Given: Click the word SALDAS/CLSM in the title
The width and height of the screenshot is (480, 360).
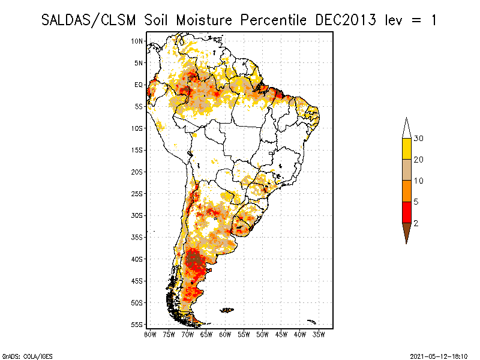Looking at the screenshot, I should (x=91, y=20).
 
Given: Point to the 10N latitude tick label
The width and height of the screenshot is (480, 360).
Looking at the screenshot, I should (x=137, y=41).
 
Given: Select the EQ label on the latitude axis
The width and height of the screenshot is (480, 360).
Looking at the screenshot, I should (x=139, y=85).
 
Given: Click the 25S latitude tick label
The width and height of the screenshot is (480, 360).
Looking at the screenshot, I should (x=137, y=194).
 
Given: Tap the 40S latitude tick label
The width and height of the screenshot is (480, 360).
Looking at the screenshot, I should (x=137, y=259).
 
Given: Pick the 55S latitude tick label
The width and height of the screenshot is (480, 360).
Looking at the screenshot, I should (x=137, y=325).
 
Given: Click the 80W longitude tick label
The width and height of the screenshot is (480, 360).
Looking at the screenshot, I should (x=150, y=334).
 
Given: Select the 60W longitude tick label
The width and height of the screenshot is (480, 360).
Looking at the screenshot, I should (x=225, y=334).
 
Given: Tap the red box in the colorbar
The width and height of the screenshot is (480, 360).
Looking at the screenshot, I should (x=406, y=212).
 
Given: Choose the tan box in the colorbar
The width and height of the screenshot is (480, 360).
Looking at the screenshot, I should (x=406, y=170).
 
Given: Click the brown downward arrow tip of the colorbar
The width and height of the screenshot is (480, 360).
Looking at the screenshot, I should (x=406, y=233).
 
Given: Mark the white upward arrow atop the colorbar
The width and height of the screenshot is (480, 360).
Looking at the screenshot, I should (x=406, y=127).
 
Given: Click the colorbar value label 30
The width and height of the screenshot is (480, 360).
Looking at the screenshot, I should (x=419, y=139).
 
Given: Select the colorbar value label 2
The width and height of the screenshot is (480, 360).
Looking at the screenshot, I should (x=416, y=223).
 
